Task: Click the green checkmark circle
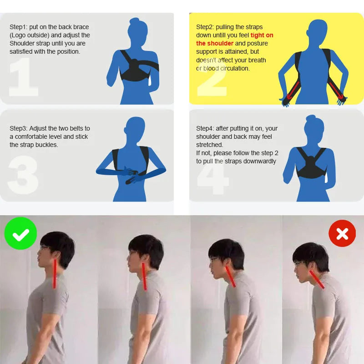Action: click(20, 233)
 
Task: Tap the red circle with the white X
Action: click(342, 233)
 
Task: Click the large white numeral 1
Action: click(23, 77)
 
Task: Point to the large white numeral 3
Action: click(23, 175)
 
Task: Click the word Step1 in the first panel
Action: click(18, 27)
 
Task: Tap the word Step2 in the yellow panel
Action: click(205, 27)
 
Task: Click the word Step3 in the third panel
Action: click(18, 128)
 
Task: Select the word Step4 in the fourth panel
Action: click(205, 128)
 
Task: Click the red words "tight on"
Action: click(262, 35)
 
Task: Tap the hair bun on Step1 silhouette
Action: click(134, 20)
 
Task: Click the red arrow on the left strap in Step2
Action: click(293, 91)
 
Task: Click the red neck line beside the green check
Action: click(55, 274)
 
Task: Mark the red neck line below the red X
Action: click(317, 280)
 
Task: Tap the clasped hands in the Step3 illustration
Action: click(131, 175)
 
